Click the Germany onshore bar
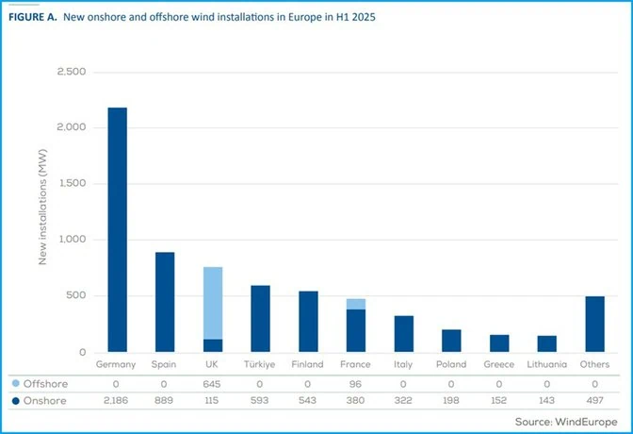[118, 230]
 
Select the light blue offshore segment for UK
[213, 303]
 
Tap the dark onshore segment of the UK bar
[213, 345]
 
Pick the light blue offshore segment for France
[356, 304]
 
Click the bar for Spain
[165, 302]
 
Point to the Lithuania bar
[547, 343]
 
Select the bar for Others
[595, 324]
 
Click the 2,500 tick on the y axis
[72, 72]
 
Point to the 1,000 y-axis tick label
[73, 239]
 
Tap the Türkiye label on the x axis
[260, 364]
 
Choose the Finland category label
[308, 364]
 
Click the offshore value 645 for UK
[212, 384]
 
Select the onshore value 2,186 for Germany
[116, 400]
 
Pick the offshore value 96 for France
[355, 384]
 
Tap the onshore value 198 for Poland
[451, 400]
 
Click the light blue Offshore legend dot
[16, 383]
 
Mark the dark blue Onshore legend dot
[16, 401]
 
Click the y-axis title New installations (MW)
[42, 207]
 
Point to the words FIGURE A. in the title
[33, 17]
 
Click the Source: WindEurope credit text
[566, 422]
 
